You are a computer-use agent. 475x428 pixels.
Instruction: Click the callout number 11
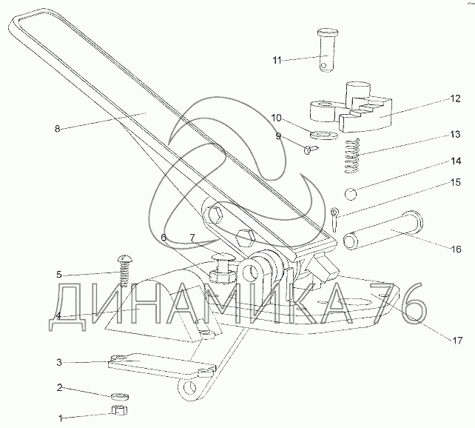coord(277,60)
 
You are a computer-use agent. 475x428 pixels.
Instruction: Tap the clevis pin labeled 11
coord(327,50)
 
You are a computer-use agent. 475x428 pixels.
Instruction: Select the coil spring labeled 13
coord(352,156)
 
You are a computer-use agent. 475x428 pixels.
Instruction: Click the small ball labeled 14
coord(351,194)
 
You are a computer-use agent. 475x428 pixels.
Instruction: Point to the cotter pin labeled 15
coord(334,219)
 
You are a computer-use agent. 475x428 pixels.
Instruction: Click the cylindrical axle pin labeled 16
coord(383,230)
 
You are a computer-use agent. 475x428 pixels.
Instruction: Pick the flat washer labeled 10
coord(324,134)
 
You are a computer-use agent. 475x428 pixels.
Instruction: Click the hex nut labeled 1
coord(119,410)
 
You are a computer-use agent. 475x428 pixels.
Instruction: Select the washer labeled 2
coord(120,396)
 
